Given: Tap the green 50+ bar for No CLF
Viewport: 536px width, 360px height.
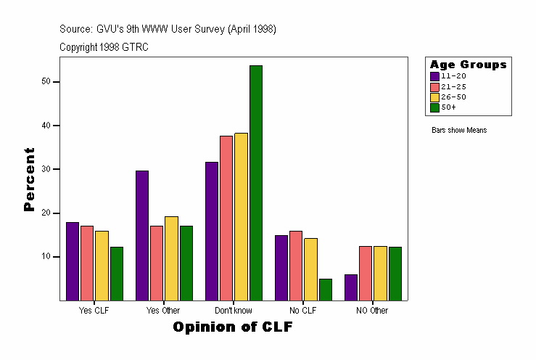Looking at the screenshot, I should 326,289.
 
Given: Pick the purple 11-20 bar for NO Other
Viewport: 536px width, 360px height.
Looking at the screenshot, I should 350,287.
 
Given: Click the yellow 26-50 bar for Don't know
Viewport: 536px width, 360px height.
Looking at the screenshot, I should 241,216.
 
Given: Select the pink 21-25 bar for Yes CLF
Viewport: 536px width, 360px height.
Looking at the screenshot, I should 87,263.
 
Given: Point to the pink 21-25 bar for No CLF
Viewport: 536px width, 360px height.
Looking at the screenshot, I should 296,265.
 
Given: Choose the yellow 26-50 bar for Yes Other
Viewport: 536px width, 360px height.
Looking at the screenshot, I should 171,258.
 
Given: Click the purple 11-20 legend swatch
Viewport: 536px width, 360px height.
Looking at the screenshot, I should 434,76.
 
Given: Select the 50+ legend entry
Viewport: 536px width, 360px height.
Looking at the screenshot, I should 448,107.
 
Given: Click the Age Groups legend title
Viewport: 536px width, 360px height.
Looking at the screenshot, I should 468,65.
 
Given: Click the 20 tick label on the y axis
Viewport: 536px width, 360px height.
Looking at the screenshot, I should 47,213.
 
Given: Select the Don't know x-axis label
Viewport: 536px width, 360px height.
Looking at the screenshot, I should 233,311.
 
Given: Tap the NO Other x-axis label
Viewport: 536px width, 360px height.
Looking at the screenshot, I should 372,311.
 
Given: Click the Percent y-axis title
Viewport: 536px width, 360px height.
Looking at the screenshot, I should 29,179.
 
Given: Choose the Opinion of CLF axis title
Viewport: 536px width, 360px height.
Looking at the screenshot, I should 233,327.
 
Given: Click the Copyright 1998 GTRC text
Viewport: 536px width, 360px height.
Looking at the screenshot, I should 104,47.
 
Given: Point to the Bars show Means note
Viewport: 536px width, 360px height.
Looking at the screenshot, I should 458,131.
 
